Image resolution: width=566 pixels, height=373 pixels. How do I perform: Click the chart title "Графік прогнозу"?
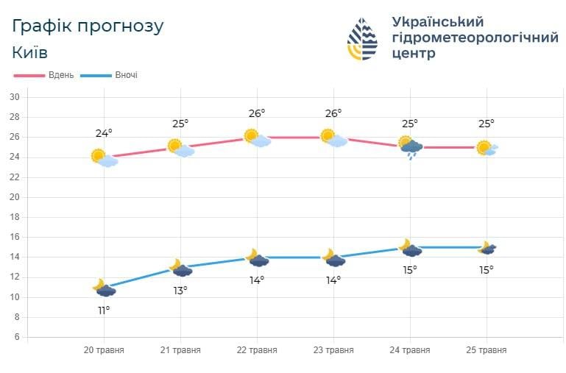tap(88, 26)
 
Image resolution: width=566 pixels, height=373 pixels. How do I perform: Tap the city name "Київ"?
tap(30, 53)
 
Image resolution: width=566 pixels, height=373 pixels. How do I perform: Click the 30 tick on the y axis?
tap(14, 97)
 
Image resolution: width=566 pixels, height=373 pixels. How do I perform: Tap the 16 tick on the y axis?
tap(14, 237)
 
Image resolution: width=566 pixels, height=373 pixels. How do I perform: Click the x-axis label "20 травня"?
tap(104, 350)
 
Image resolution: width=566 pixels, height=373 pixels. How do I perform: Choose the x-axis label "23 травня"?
tap(333, 350)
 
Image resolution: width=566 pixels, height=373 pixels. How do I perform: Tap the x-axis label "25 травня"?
tap(486, 350)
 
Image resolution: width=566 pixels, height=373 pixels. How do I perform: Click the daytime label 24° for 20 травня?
tap(104, 133)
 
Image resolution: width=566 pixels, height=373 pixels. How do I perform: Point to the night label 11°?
tap(104, 310)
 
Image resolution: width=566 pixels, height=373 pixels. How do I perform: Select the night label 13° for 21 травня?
tap(180, 290)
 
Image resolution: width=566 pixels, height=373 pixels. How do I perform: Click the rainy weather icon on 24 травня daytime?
tap(411, 147)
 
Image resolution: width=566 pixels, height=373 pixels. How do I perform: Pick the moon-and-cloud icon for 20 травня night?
tap(104, 288)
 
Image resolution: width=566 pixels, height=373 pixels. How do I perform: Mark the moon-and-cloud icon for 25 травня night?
tap(487, 248)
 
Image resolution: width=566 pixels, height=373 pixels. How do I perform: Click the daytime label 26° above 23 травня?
tap(333, 113)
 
